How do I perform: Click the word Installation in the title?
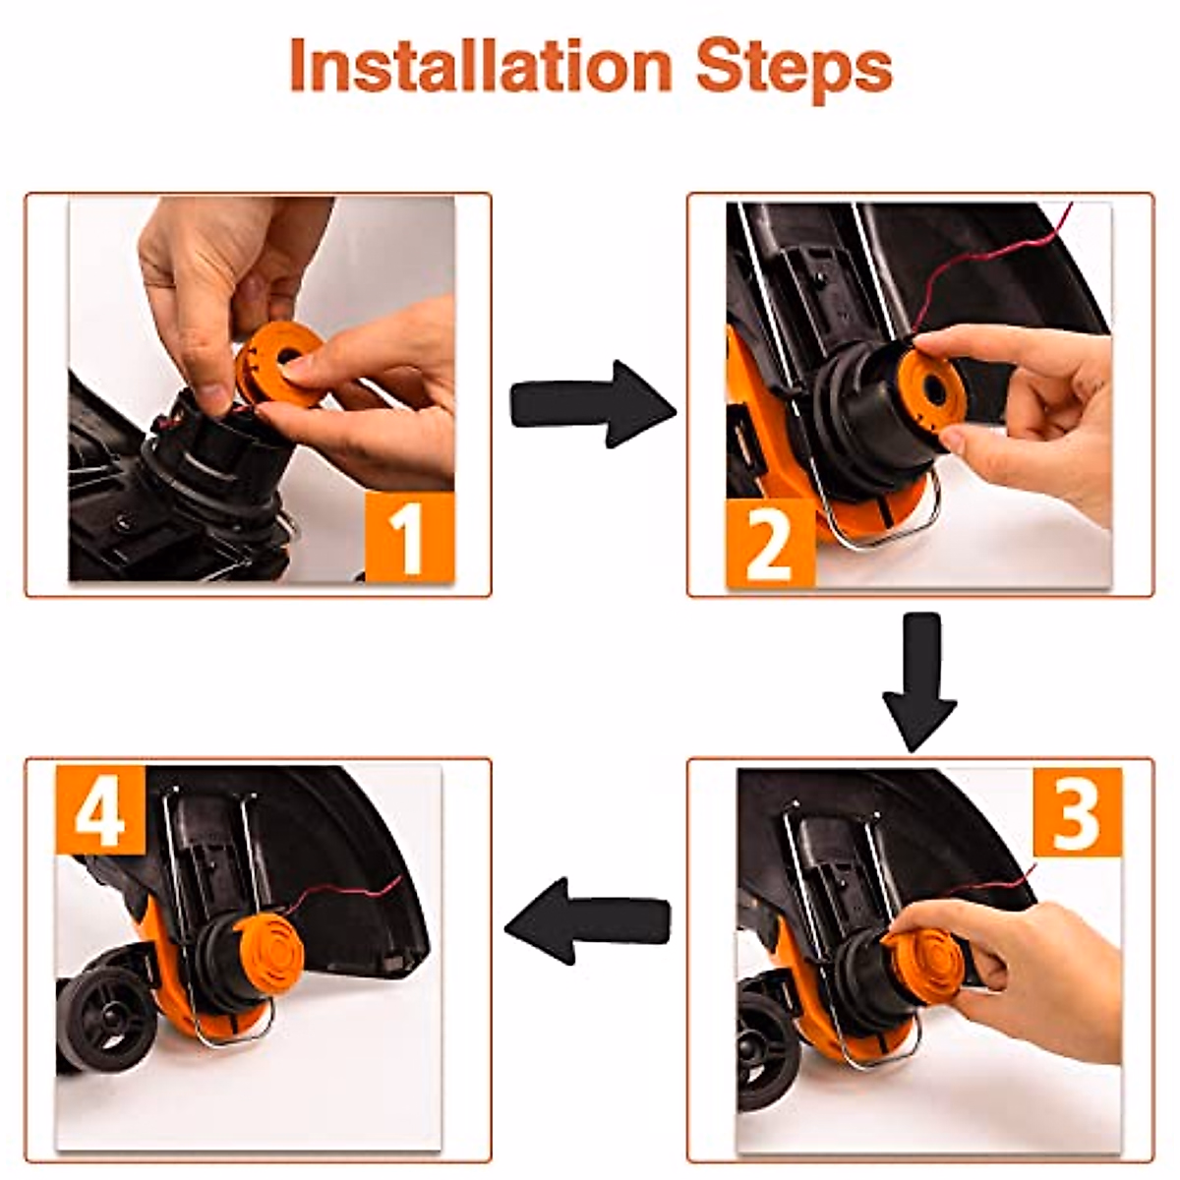click(x=481, y=66)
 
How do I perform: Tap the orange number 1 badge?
click(x=410, y=537)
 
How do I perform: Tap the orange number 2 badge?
click(x=770, y=544)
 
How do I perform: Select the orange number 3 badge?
click(x=1077, y=812)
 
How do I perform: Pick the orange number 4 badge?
click(x=100, y=809)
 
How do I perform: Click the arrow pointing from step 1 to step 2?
click(x=593, y=403)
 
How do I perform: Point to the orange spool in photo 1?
click(x=278, y=368)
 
